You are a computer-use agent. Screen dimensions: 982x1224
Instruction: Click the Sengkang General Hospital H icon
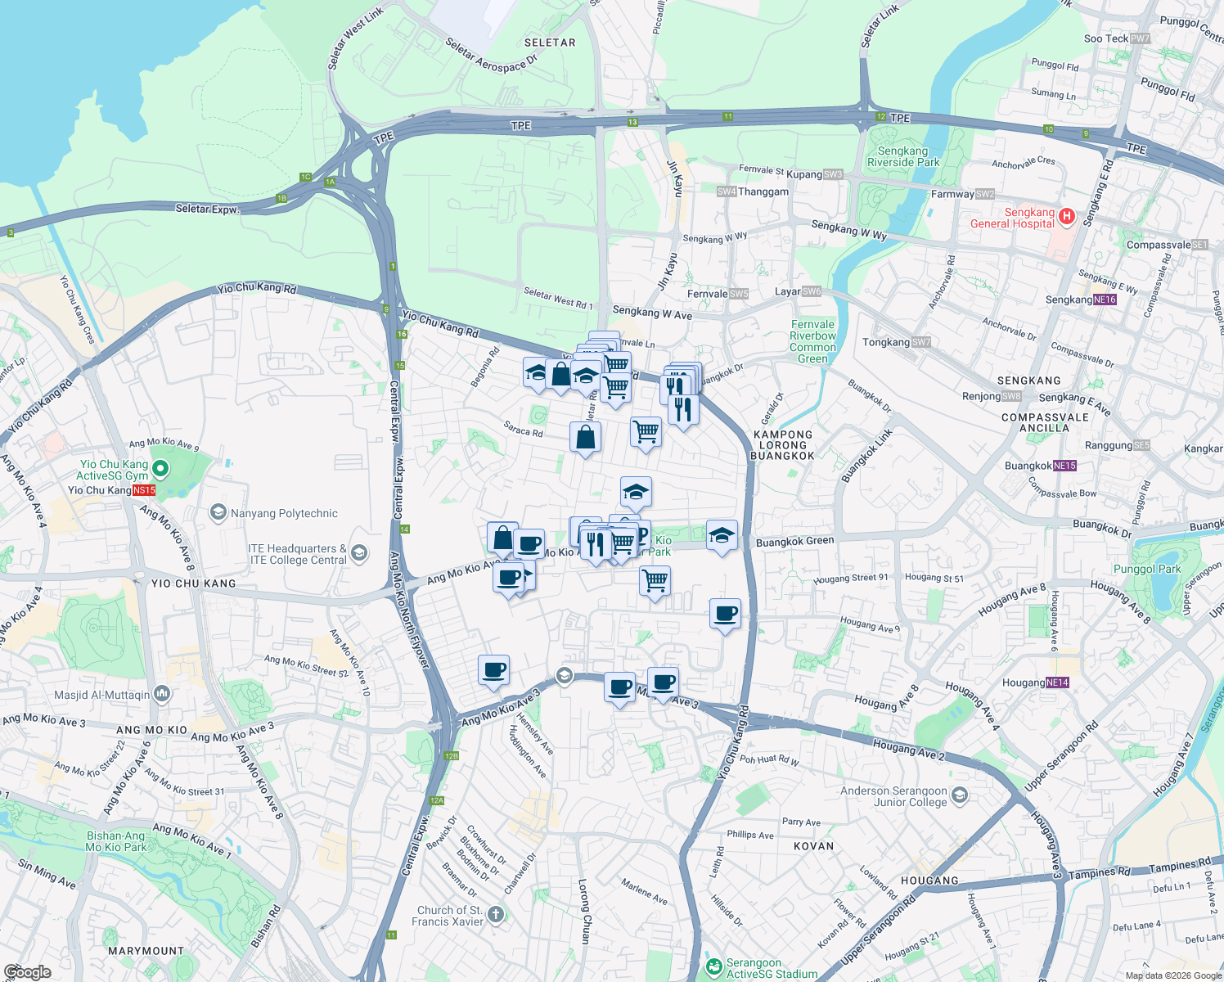click(x=1066, y=216)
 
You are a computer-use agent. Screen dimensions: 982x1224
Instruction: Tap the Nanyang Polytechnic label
click(x=284, y=514)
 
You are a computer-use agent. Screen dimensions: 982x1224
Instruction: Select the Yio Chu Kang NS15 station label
click(x=111, y=490)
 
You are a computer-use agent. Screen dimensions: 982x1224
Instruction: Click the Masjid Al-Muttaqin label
click(x=102, y=695)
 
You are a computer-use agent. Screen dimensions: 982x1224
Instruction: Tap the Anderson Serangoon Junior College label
click(x=893, y=796)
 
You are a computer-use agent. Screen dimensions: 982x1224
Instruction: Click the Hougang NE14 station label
click(x=1035, y=682)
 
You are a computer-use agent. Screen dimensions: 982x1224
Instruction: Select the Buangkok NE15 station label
click(x=1040, y=466)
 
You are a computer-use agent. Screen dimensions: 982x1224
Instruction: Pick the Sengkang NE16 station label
click(x=1080, y=300)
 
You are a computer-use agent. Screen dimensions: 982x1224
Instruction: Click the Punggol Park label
click(x=1147, y=569)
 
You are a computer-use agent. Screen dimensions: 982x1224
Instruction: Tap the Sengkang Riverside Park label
click(x=902, y=156)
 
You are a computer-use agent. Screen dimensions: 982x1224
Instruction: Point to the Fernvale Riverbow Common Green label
click(x=812, y=341)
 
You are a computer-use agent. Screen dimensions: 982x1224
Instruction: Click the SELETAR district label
click(x=550, y=43)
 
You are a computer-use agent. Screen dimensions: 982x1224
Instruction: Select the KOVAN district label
click(x=813, y=846)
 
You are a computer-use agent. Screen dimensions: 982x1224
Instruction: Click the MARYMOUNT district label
click(x=146, y=951)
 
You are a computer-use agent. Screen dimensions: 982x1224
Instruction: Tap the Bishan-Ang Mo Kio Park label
click(x=115, y=842)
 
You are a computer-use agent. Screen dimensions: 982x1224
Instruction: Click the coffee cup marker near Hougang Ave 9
click(x=725, y=614)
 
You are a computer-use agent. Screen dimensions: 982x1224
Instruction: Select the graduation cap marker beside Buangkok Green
click(x=721, y=535)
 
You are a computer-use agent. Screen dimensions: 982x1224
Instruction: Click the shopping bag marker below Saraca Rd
click(x=585, y=438)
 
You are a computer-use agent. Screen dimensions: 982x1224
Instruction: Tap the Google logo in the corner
click(x=27, y=972)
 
